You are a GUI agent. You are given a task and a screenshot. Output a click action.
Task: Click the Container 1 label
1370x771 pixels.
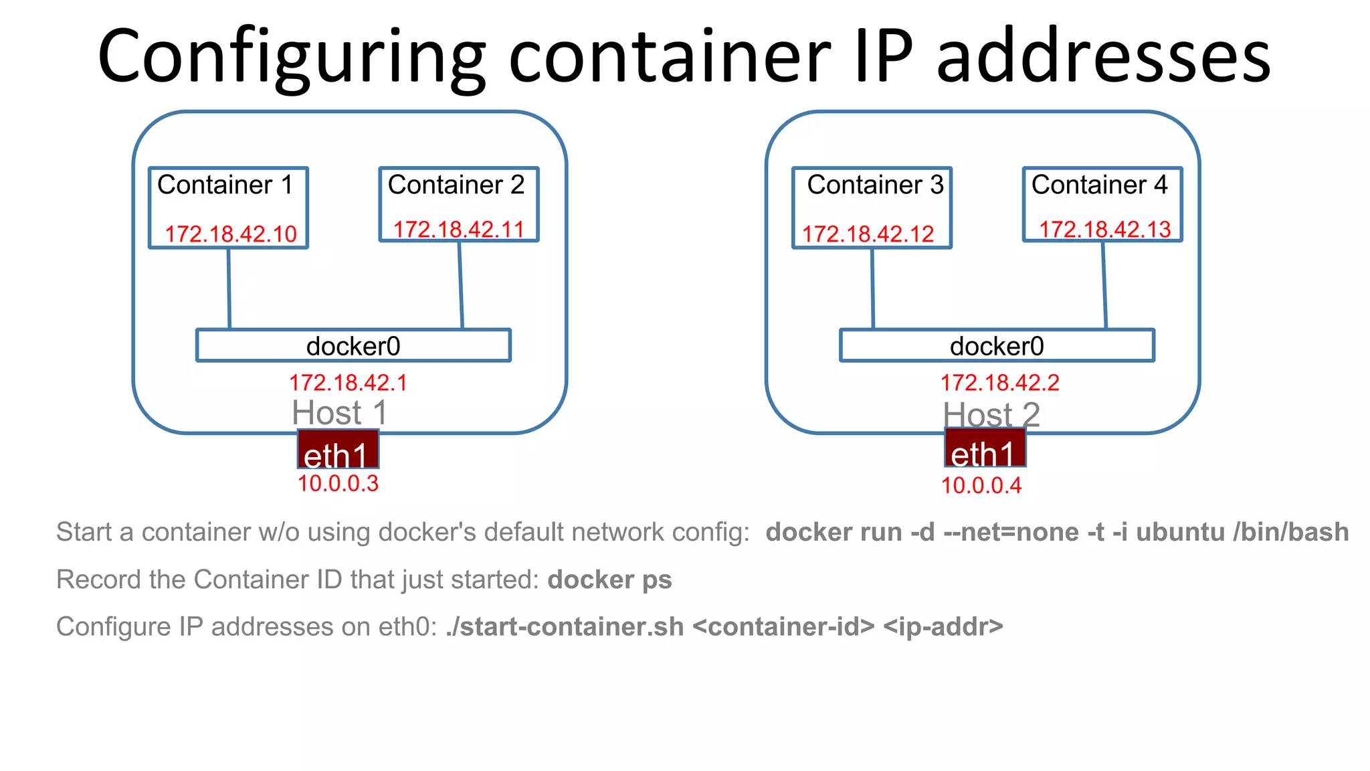pos(225,185)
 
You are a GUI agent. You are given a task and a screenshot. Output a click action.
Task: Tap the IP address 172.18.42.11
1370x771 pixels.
pos(459,230)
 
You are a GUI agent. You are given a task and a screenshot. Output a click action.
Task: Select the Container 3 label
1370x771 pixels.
pos(875,185)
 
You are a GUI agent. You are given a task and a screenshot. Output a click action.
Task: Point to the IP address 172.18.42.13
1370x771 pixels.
pos(1105,230)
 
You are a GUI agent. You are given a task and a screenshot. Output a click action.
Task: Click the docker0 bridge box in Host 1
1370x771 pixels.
pos(353,346)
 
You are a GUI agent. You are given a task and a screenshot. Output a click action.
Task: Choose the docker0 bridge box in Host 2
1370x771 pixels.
pos(997,346)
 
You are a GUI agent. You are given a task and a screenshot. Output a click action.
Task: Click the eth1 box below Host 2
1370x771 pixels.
pos(985,448)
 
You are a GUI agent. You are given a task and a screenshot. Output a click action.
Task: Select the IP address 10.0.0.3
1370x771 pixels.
pos(338,483)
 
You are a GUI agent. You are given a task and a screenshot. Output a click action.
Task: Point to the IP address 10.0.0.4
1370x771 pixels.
pos(981,485)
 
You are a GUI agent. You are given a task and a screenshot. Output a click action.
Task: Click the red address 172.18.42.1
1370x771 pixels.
pos(348,383)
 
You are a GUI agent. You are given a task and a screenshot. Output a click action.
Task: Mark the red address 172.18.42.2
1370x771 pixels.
pos(1000,383)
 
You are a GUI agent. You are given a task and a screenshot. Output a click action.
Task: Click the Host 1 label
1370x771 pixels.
pos(339,412)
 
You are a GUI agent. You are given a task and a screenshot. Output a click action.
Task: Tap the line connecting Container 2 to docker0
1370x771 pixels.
pos(460,285)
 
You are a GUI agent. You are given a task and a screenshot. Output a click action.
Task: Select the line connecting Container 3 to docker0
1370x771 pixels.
pos(872,288)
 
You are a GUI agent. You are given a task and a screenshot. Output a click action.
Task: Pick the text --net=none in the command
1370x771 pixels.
pos(1011,532)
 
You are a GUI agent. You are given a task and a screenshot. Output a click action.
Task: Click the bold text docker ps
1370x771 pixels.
pos(609,580)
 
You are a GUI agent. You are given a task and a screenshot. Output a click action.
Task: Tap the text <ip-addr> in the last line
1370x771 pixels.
pos(943,626)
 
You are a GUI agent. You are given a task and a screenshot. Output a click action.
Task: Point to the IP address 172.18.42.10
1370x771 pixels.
pos(231,234)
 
